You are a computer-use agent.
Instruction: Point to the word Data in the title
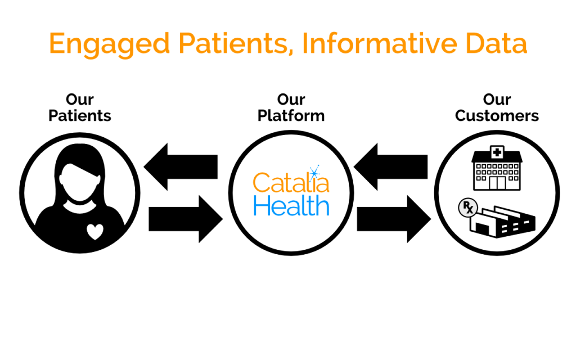coord(497,43)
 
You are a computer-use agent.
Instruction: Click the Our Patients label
coord(79,107)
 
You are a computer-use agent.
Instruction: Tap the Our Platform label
coord(291,107)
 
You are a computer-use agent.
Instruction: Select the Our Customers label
coord(497,107)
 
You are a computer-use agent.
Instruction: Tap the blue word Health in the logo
coord(291,206)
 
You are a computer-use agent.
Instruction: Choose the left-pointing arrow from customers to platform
coord(390,166)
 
